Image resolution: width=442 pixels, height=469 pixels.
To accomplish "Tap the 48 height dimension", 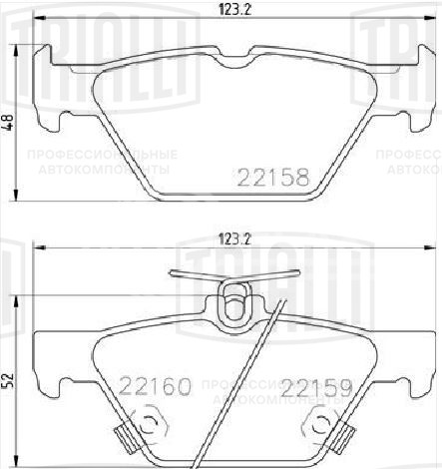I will pos(10,124).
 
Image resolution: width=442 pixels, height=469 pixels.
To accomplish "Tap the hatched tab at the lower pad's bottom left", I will pos(124,437).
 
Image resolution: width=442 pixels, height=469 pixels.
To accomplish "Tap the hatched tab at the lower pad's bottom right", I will pos(344,437).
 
